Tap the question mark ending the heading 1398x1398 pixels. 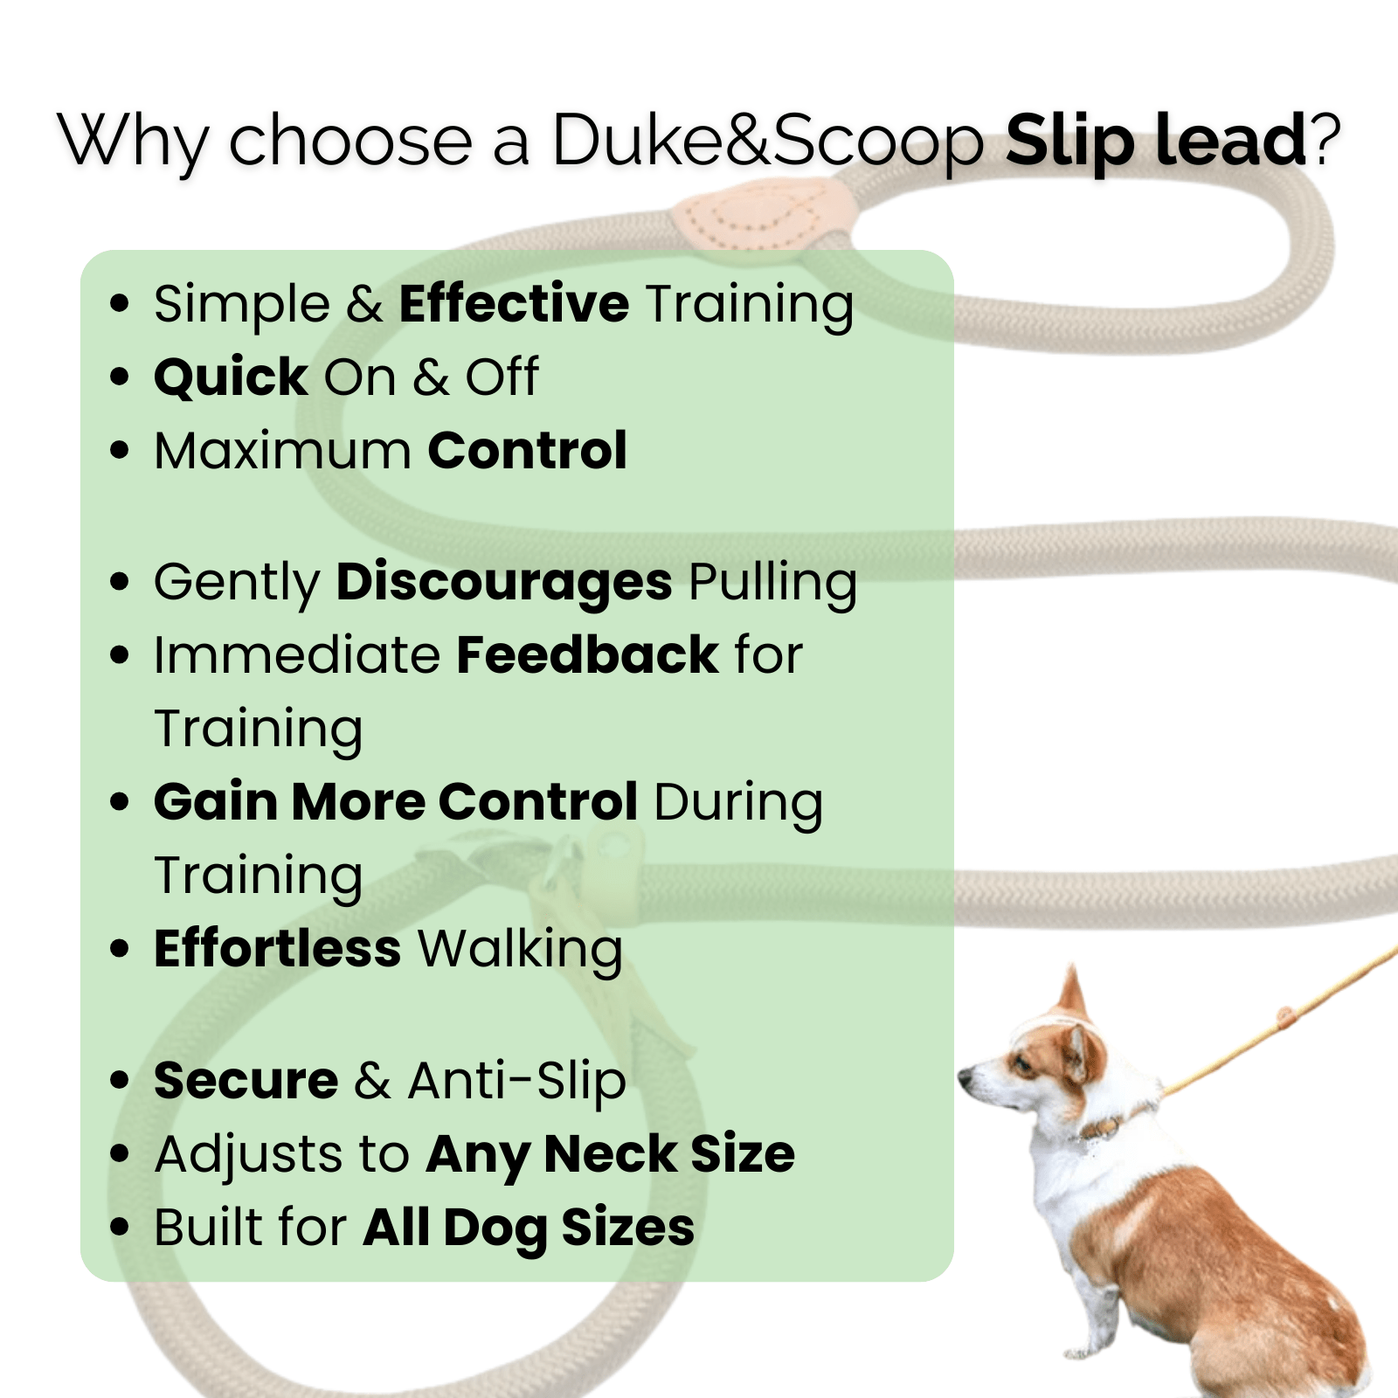coord(1325,140)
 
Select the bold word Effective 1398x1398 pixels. coord(514,304)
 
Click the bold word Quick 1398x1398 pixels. coord(231,377)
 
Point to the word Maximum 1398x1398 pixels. coord(282,451)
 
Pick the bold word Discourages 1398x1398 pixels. coord(504,583)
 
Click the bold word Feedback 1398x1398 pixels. coord(586,655)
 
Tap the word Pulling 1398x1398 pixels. coord(772,583)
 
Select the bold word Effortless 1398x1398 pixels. coord(277,949)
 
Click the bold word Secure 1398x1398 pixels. coord(246,1081)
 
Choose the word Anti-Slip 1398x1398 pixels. coord(516,1081)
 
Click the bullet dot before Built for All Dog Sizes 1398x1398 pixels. coord(120,1227)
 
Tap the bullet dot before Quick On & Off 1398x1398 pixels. coord(120,377)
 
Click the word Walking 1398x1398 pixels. coord(520,949)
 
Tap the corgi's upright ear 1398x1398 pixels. coord(1073,996)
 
